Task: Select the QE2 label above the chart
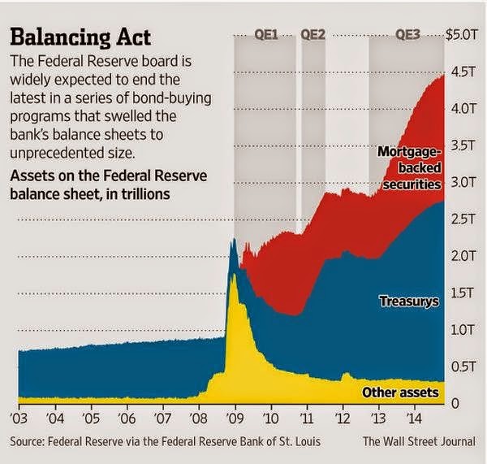[312, 35]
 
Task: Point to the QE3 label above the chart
[408, 35]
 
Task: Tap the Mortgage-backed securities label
[410, 168]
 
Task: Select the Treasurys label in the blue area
[409, 302]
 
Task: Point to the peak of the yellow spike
[234, 276]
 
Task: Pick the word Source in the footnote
[29, 442]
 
